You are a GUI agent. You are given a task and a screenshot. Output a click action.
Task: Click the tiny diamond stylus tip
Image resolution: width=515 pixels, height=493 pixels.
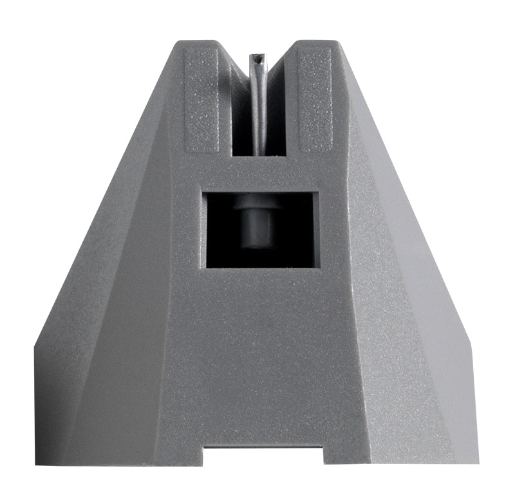point(257,59)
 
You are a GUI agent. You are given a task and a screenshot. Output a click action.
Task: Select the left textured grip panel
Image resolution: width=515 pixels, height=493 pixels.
point(201,100)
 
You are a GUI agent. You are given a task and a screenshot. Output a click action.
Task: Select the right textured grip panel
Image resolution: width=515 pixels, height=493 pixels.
point(315,100)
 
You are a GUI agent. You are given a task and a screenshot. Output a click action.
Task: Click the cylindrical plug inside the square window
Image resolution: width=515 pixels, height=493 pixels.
point(257,222)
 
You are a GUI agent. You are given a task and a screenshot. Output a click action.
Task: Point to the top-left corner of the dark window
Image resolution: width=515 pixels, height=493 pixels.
point(203,192)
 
